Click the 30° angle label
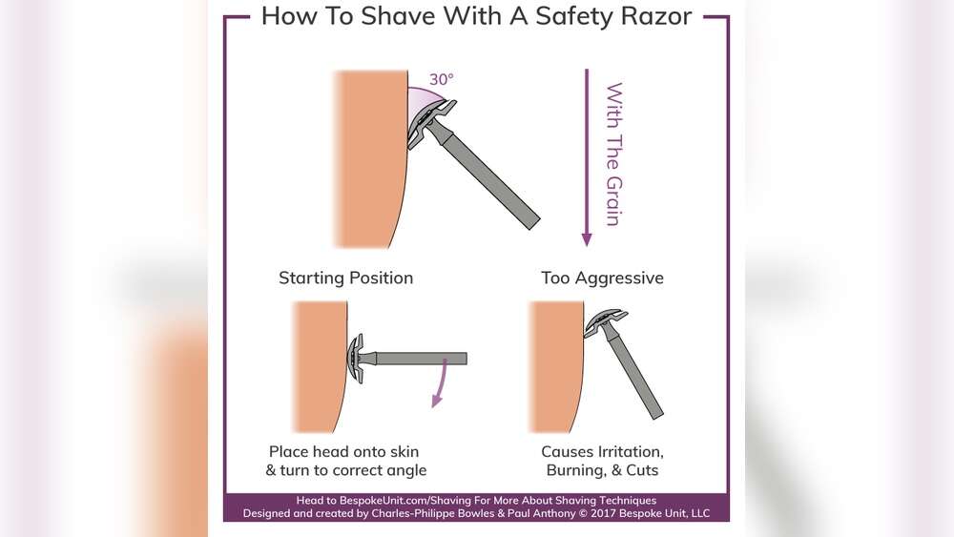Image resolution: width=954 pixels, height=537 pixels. click(441, 79)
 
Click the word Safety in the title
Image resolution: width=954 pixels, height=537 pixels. click(568, 17)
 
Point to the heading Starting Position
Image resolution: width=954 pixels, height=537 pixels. click(345, 278)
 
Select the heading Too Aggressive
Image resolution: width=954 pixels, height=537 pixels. click(602, 278)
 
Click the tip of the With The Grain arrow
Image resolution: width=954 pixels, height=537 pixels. click(587, 246)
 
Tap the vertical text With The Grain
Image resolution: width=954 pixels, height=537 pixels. click(613, 155)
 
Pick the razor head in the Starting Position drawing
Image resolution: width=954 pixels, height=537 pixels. click(356, 359)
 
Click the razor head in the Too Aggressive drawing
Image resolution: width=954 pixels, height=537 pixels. click(605, 321)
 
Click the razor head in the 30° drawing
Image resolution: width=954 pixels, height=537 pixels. click(430, 123)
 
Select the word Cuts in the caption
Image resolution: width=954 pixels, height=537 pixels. click(642, 470)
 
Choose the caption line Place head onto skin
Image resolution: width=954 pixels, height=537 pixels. click(343, 452)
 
